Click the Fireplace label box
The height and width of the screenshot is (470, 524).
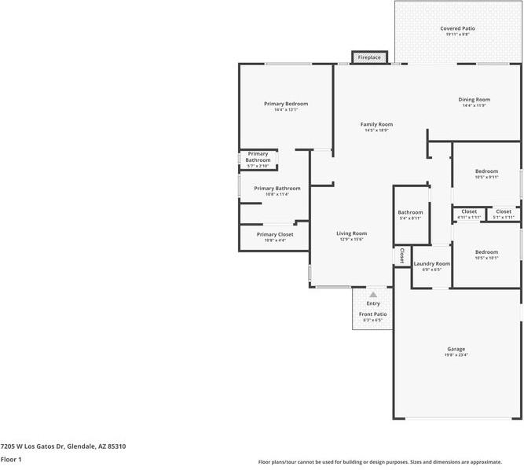pyautogui.click(x=369, y=57)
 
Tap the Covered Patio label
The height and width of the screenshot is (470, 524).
pyautogui.click(x=457, y=28)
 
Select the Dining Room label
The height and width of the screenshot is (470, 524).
pyautogui.click(x=474, y=100)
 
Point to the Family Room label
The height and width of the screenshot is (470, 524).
pyautogui.click(x=376, y=124)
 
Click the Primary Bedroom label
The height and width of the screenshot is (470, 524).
pyautogui.click(x=286, y=104)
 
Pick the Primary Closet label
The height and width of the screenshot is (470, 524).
pyautogui.click(x=275, y=234)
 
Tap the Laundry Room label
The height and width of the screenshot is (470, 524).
pyautogui.click(x=431, y=263)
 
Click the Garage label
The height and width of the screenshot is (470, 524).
pyautogui.click(x=456, y=349)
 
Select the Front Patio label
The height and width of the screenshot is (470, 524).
pyautogui.click(x=372, y=314)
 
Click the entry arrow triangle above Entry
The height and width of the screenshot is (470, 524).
pyautogui.click(x=373, y=295)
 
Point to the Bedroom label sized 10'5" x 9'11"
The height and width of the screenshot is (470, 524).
pyautogui.click(x=486, y=171)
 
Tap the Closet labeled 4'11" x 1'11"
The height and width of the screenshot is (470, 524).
pyautogui.click(x=469, y=211)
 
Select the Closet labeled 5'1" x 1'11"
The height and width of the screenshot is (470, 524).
pyautogui.click(x=504, y=211)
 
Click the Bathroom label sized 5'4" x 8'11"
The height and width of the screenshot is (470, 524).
pyautogui.click(x=410, y=212)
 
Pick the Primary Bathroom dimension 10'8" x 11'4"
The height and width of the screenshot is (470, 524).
pyautogui.click(x=277, y=194)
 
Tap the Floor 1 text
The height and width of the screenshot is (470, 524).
pyautogui.click(x=11, y=459)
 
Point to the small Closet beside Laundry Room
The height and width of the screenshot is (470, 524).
pyautogui.click(x=401, y=255)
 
